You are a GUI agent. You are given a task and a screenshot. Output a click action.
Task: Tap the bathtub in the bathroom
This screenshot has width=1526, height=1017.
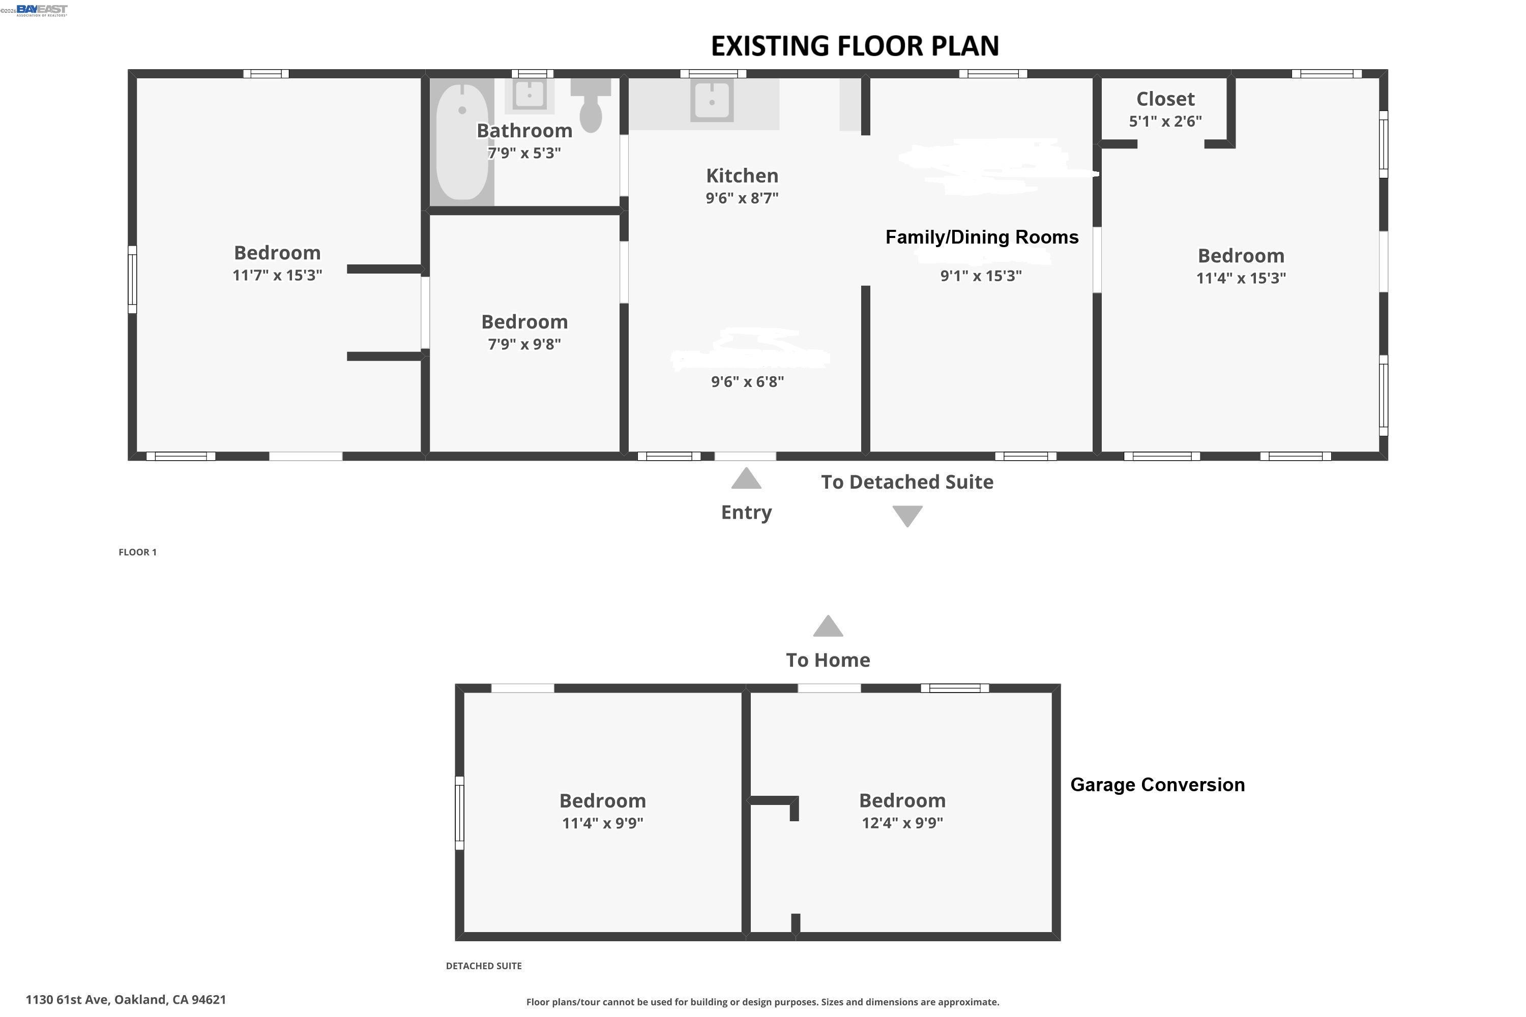tap(461, 141)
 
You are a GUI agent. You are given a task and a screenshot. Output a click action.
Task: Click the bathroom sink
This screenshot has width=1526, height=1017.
tap(530, 95)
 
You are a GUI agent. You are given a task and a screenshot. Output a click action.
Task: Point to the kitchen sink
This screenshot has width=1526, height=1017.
tap(712, 101)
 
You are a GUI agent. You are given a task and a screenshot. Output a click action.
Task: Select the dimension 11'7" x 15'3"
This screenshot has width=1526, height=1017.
tap(277, 275)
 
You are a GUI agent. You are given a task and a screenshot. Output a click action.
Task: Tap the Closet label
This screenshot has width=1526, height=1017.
tap(1165, 99)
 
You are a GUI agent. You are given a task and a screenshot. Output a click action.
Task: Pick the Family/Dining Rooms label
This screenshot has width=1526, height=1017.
tap(982, 237)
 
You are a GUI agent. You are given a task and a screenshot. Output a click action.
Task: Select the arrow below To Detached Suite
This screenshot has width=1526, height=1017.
tap(907, 516)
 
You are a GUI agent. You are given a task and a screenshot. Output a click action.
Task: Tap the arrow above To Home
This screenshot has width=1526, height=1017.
tap(828, 626)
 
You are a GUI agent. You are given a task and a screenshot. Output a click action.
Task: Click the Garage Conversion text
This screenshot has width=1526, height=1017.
tap(1157, 785)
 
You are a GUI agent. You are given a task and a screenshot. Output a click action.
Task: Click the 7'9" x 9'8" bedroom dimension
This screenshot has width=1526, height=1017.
tap(524, 344)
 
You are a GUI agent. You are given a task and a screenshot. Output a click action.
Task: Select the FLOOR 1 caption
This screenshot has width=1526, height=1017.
tap(137, 552)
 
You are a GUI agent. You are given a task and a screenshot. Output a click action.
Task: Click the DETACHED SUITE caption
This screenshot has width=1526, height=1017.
tap(483, 966)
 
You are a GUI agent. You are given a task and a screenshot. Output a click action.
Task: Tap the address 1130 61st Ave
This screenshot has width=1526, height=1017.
tap(126, 1000)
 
